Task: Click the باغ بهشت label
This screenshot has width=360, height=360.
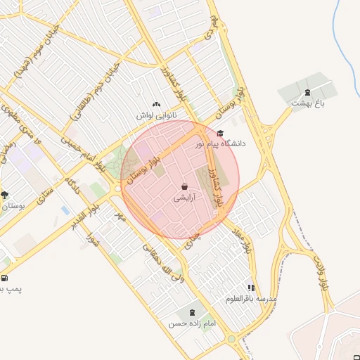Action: pyautogui.click(x=307, y=103)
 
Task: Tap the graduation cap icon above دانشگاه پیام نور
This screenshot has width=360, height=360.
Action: pyautogui.click(x=220, y=133)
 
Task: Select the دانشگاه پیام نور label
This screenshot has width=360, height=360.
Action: pyautogui.click(x=224, y=143)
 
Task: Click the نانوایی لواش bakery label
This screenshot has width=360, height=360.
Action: pyautogui.click(x=157, y=114)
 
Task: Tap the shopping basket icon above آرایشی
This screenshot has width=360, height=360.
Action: pyautogui.click(x=184, y=187)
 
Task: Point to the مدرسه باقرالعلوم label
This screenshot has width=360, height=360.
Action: pyautogui.click(x=252, y=299)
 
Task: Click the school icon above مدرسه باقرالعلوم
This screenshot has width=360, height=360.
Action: pyautogui.click(x=251, y=288)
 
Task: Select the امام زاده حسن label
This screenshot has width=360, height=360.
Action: pyautogui.click(x=191, y=324)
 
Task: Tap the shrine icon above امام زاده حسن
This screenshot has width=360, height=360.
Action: pyautogui.click(x=192, y=312)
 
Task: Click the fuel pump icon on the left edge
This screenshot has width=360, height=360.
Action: pyautogui.click(x=4, y=278)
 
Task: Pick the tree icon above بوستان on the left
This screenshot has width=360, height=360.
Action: pyautogui.click(x=5, y=195)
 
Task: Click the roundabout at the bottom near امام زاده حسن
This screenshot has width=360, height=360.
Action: pyautogui.click(x=231, y=340)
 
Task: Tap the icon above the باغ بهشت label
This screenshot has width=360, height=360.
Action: pyautogui.click(x=307, y=92)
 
